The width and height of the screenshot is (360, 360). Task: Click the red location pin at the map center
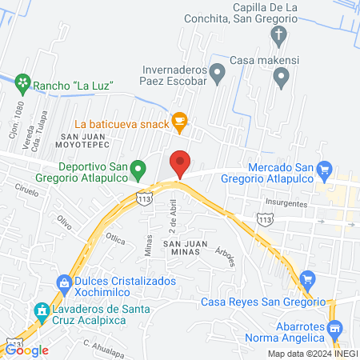coord(180,163)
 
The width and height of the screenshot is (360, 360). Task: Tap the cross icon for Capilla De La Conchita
coord(278,34)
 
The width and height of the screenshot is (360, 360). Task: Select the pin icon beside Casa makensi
coord(281,76)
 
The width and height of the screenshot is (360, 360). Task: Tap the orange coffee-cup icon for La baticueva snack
coord(180,121)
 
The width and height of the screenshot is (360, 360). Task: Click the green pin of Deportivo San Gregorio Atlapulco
coord(138,169)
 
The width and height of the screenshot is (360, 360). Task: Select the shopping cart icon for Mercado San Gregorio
coord(324,169)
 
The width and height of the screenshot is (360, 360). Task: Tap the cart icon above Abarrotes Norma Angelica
coord(335,328)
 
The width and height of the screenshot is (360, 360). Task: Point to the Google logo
coord(27,350)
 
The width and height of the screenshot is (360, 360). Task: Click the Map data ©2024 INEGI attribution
coord(311,354)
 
